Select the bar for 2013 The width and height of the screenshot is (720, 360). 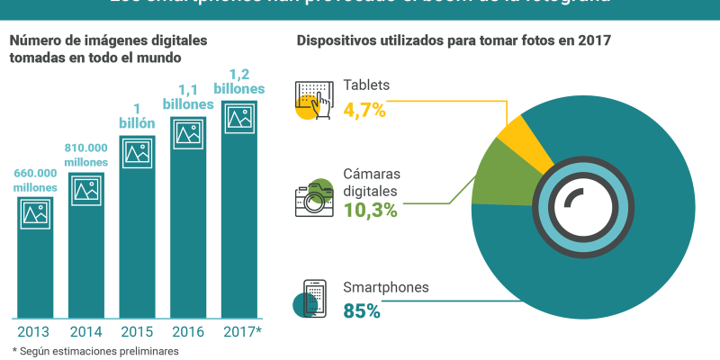(35, 261)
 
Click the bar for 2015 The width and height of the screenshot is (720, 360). (137, 234)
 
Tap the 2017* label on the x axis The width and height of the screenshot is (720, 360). (241, 331)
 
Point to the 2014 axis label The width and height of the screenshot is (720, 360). (86, 331)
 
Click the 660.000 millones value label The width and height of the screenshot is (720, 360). (35, 180)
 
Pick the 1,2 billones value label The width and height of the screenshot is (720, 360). (239, 82)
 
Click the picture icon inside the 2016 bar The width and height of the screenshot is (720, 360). (188, 133)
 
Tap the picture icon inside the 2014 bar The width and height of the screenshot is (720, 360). (86, 190)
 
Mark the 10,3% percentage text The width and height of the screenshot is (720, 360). (370, 210)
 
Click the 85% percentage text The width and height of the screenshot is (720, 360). (362, 311)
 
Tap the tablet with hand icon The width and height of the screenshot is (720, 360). (310, 100)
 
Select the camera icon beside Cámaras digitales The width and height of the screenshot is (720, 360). (313, 198)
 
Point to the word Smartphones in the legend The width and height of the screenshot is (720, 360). (385, 288)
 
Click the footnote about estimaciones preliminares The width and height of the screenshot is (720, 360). (94, 351)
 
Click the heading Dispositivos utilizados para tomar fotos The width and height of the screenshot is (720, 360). (454, 40)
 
